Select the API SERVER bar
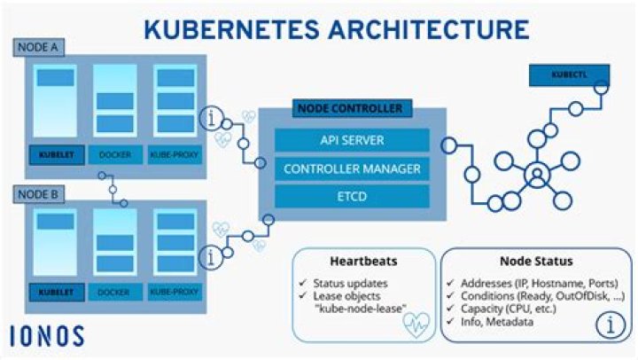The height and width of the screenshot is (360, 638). tap(352, 141)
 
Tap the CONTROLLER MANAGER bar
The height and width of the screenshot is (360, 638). tap(352, 168)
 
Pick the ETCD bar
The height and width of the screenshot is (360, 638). tap(352, 195)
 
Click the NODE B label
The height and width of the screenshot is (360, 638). tap(35, 192)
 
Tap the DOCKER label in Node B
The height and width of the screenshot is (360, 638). tap(115, 292)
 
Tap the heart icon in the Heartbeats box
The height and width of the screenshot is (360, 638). tap(415, 325)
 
